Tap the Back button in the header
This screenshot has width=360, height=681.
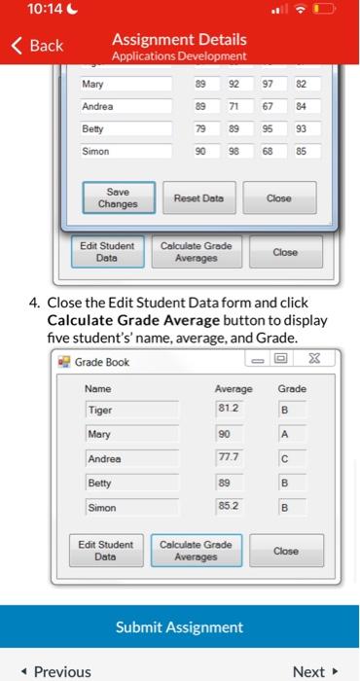point(36,45)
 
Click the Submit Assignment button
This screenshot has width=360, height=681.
point(180,627)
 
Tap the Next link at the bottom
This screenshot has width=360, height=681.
point(313,671)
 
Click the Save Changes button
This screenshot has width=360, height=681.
point(110,197)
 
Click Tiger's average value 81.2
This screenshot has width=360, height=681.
point(225,409)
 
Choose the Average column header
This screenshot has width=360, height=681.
point(233,388)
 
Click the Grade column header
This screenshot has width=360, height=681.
point(292,388)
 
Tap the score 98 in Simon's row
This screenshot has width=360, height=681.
point(234,152)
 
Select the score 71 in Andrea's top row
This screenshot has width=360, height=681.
point(234,107)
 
